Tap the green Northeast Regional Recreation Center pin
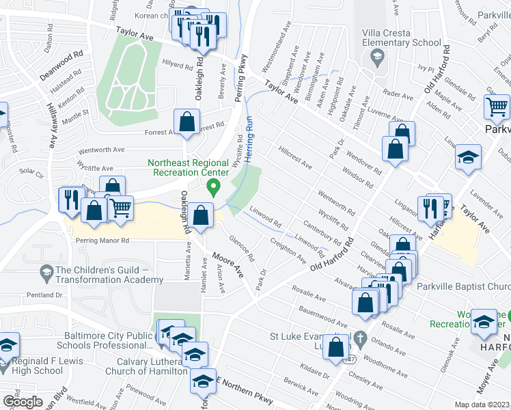[x=214, y=186]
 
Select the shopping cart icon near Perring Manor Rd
[x=120, y=208]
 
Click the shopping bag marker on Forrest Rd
[x=187, y=122]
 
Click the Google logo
[x=23, y=402]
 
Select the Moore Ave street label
[x=230, y=264]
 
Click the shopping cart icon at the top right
[x=497, y=107]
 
